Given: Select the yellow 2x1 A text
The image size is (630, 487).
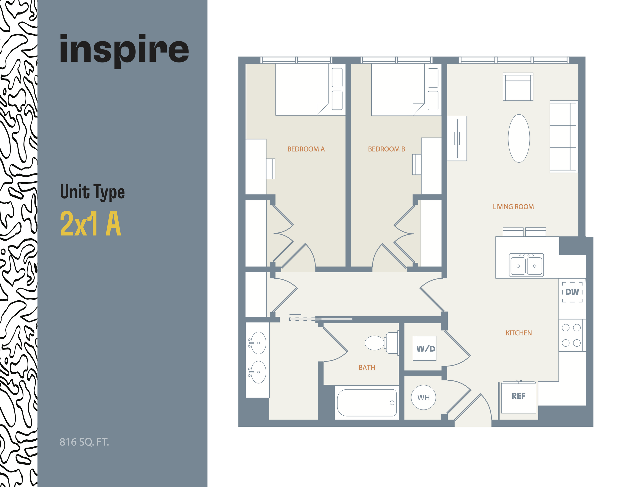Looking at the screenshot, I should click(90, 224).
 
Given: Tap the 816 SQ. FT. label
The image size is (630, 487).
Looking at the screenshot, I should click(84, 442).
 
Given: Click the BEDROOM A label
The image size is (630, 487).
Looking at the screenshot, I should click(306, 149).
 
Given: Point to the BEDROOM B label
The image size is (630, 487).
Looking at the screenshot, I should click(386, 149).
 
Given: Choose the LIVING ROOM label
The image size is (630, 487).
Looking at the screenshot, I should click(513, 207).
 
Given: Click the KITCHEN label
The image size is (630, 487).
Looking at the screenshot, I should click(518, 333).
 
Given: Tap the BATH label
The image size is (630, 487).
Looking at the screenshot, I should click(367, 368).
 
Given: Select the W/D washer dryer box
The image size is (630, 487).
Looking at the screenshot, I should click(425, 349).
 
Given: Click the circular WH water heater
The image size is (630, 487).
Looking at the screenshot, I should click(423, 398).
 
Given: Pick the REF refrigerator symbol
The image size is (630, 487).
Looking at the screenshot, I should click(518, 397).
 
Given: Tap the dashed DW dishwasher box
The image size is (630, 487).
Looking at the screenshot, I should click(572, 292).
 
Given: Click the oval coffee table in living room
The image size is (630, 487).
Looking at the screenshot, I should click(519, 138).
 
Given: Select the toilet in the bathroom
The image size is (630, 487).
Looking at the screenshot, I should click(381, 343).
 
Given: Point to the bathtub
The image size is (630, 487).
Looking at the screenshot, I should click(367, 402).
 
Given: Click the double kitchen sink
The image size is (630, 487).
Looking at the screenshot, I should click(526, 265).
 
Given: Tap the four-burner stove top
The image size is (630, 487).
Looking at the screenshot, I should click(571, 335).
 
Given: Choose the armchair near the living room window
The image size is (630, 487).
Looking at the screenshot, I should click(518, 87).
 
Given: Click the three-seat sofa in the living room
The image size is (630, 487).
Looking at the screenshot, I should click(563, 137).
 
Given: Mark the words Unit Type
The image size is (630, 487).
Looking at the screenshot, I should click(92, 192).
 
